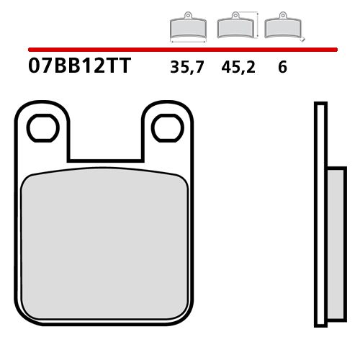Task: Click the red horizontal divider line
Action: click(180, 50)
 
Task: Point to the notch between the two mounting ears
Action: click(105, 137)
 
